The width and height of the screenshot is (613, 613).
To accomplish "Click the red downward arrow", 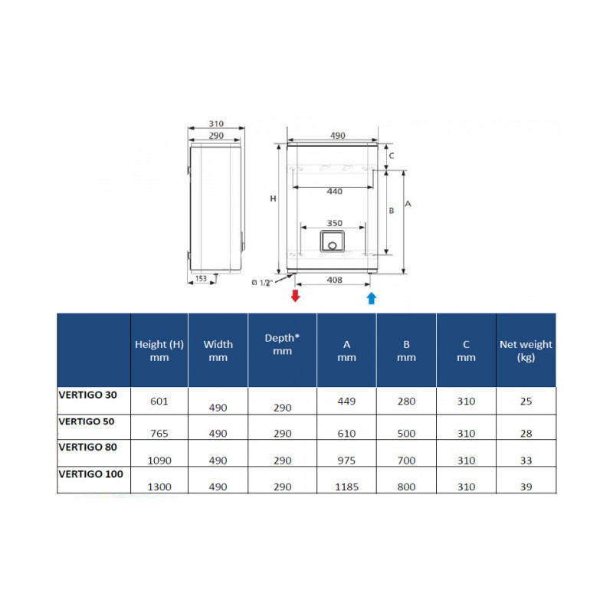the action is point(296,296).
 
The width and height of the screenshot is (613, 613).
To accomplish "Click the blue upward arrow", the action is point(372,298).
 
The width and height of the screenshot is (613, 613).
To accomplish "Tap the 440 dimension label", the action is point(334,191).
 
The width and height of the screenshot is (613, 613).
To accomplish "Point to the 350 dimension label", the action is point(335,223).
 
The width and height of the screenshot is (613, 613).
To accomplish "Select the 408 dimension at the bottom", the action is point(335,280).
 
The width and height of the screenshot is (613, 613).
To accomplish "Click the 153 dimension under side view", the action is point(201,278).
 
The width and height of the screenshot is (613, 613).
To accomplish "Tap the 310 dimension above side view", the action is point(216,123).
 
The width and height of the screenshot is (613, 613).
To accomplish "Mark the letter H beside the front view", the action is point(273,198).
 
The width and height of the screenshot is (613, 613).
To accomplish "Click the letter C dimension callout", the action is point(392,156).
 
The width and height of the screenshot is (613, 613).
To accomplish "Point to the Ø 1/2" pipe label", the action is point(261,282).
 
